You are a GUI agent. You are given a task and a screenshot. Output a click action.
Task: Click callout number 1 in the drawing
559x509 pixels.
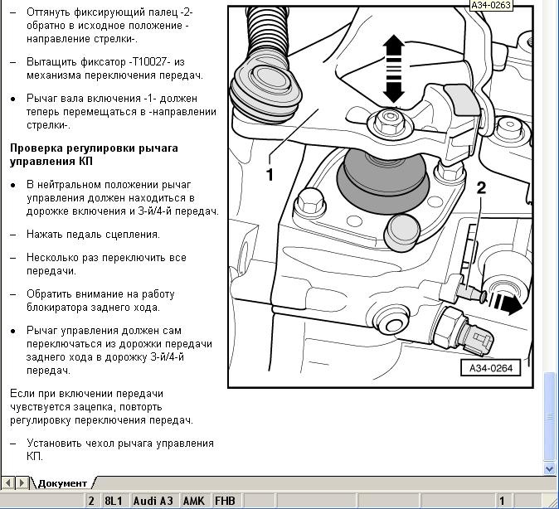[x=270, y=174]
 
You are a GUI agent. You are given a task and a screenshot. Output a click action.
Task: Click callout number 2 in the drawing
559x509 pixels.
[x=481, y=188]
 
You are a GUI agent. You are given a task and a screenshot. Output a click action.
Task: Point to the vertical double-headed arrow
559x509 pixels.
[x=394, y=69]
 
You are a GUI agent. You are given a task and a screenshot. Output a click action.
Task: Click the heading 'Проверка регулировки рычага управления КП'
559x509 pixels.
[x=105, y=154]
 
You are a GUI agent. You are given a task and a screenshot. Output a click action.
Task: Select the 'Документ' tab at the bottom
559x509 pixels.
[x=62, y=482]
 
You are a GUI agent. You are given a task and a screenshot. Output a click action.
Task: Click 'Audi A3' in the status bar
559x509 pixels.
[x=153, y=501]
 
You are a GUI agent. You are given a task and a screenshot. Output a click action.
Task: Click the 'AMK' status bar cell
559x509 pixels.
[x=193, y=501]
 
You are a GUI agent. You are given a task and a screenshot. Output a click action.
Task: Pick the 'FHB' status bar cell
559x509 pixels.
[x=225, y=501]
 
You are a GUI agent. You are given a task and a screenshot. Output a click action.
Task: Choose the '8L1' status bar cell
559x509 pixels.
[x=113, y=501]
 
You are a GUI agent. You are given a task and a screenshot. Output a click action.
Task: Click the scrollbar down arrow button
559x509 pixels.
[x=550, y=468]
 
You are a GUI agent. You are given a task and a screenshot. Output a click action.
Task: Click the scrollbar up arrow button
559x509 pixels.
[x=550, y=7]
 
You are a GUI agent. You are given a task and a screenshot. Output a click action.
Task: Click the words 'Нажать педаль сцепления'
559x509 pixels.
[x=93, y=235]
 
